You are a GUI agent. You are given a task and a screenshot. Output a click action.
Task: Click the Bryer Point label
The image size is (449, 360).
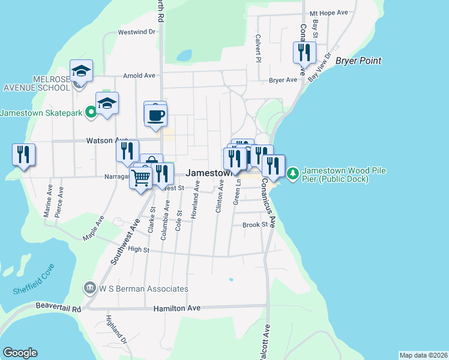coord(358,61)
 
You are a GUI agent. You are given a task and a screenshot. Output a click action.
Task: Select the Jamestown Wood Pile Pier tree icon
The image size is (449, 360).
coord(293,174)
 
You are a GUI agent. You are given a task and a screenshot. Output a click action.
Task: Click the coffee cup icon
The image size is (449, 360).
coord(155,115)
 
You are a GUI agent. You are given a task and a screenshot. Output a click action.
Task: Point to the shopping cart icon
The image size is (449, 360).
coord(140,176)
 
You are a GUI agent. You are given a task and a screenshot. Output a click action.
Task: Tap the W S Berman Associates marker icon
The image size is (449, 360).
coord(91,289)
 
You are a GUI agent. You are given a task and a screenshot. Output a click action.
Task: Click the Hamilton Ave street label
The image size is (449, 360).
coord(176,308)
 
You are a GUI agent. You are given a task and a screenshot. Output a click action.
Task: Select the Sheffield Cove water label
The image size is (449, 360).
coord(33,278)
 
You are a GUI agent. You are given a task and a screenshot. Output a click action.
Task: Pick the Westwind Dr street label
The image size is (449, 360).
coord(136,32)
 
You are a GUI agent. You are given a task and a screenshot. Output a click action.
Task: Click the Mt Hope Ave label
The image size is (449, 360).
coord(329,13)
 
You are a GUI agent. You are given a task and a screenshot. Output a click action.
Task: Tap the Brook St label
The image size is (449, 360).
coord(255,225)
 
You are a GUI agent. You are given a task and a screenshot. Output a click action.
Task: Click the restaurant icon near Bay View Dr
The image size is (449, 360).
coord(304,52)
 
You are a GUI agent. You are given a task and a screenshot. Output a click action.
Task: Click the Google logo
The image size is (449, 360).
coord(20,353)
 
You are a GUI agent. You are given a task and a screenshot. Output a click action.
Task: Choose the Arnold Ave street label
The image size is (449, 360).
coord(139,76)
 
